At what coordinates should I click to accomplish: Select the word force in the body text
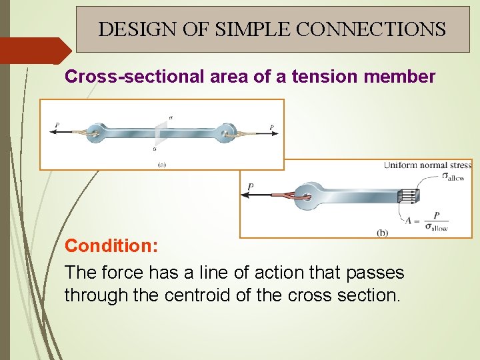click(119, 272)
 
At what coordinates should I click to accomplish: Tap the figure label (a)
click(161, 163)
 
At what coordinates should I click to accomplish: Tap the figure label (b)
click(382, 232)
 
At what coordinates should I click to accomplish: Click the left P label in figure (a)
click(57, 125)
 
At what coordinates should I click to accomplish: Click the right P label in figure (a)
click(271, 126)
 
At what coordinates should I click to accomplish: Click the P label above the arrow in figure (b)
click(251, 186)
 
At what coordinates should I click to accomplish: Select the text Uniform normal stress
click(427, 165)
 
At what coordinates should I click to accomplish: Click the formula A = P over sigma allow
click(427, 221)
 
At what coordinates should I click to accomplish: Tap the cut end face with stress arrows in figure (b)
click(408, 196)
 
